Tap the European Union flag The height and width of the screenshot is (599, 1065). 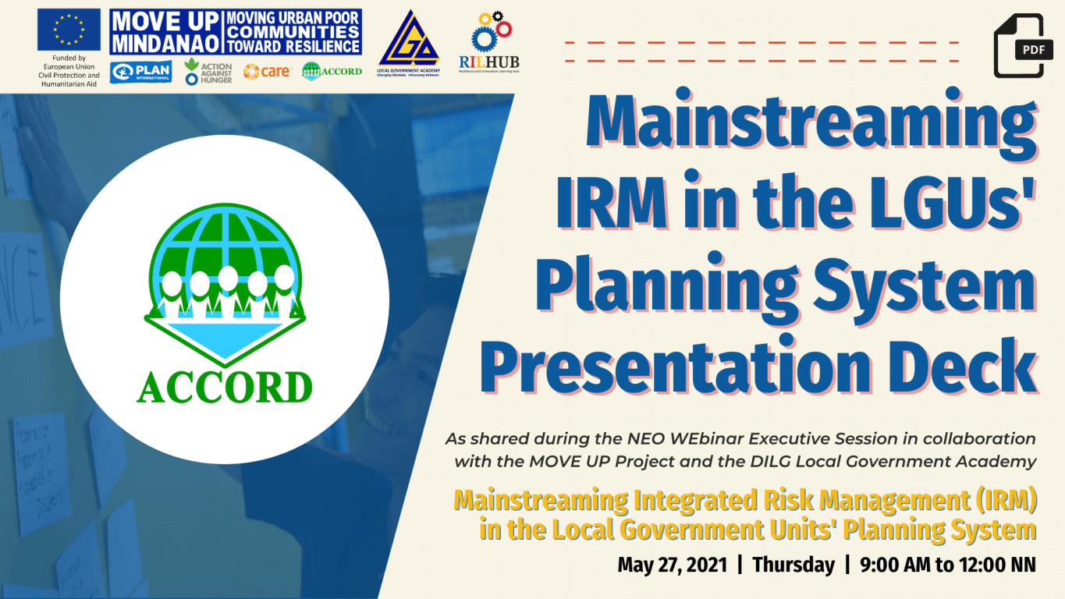(69, 30)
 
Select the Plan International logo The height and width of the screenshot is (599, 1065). (141, 71)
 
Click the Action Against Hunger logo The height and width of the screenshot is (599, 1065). (208, 72)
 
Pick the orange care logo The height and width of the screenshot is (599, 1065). (267, 71)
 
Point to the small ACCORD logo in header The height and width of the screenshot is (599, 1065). (332, 71)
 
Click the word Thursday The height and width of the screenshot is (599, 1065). (793, 565)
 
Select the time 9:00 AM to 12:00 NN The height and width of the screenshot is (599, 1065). (948, 565)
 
